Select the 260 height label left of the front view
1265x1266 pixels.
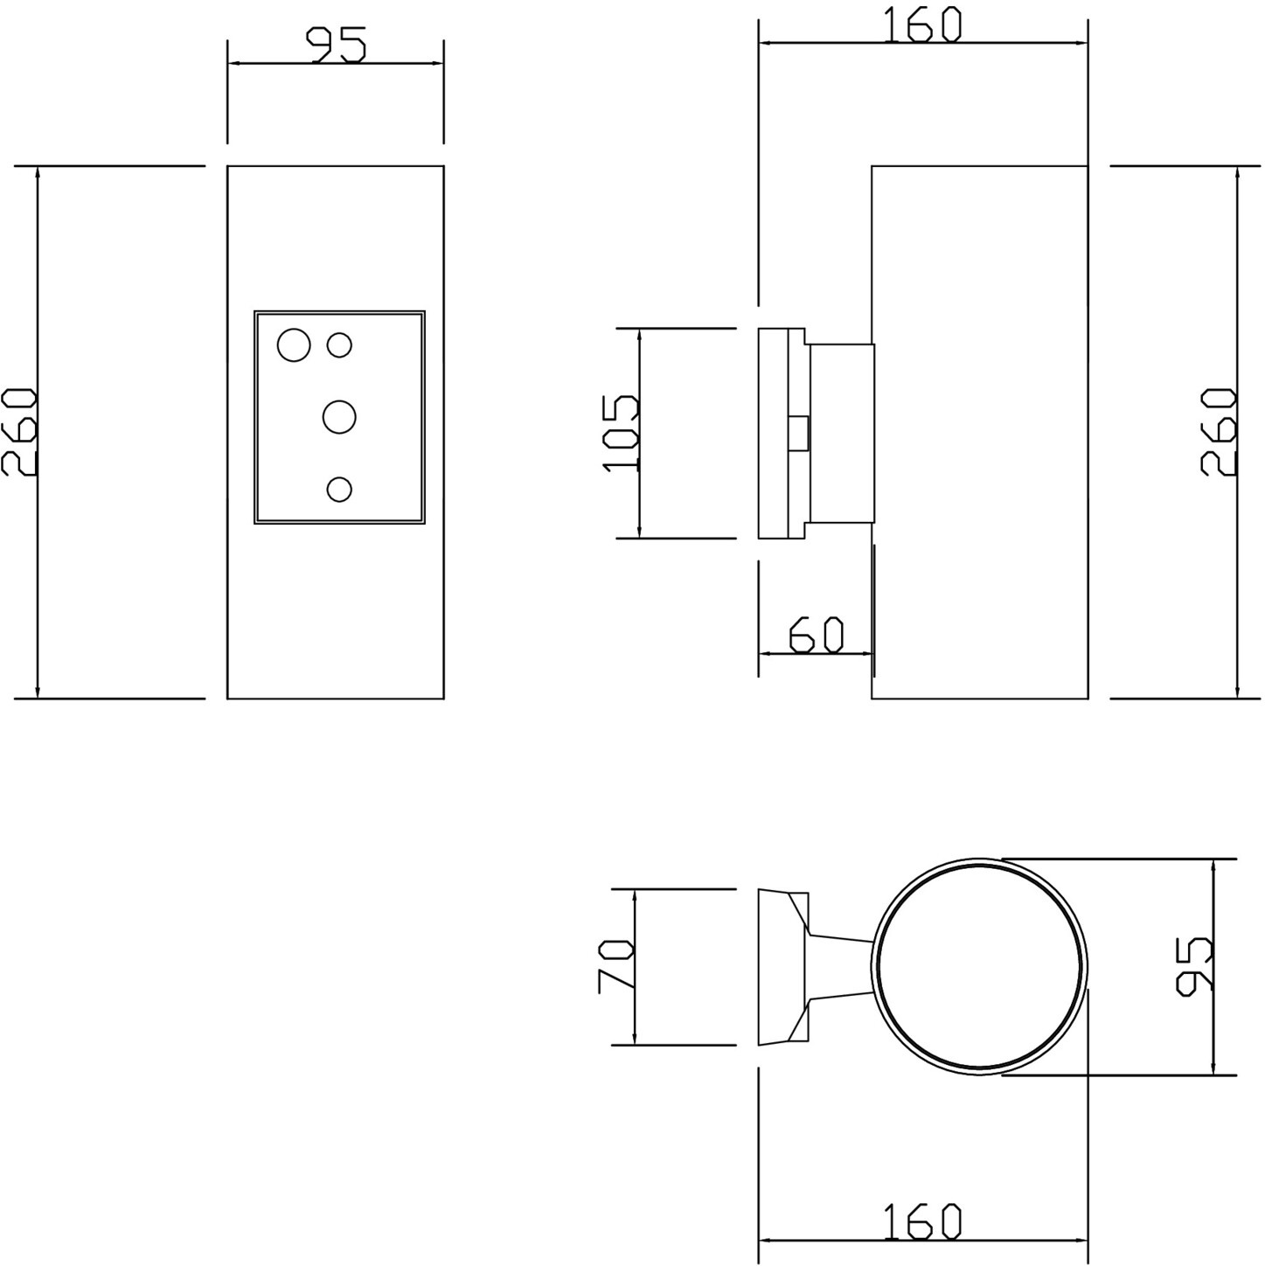pyautogui.click(x=19, y=432)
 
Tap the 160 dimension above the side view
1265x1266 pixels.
pyautogui.click(x=922, y=25)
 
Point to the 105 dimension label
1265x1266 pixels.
pyautogui.click(x=620, y=433)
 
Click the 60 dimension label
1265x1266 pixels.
pyautogui.click(x=816, y=635)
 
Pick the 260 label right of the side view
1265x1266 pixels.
pyautogui.click(x=1218, y=432)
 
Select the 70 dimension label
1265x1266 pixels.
pyautogui.click(x=615, y=966)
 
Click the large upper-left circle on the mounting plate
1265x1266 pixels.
pyautogui.click(x=294, y=344)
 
